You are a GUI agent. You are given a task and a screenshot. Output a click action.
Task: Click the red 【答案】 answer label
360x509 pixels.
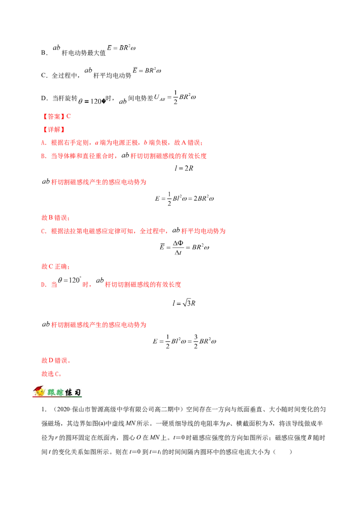[53, 116]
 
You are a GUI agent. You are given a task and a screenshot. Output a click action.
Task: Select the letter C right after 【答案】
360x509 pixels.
[68, 116]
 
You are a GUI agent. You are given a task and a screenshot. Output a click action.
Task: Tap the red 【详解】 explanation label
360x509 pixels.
[53, 129]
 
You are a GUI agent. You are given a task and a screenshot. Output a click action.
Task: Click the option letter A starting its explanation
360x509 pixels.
[43, 143]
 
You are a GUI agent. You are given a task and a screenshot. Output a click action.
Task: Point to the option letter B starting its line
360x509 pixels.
[43, 156]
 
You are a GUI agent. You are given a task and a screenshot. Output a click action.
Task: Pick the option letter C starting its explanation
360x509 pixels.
[43, 232]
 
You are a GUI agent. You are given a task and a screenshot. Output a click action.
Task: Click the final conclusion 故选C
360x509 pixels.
[50, 374]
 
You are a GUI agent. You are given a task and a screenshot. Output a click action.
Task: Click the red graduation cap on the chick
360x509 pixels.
[40, 388]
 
